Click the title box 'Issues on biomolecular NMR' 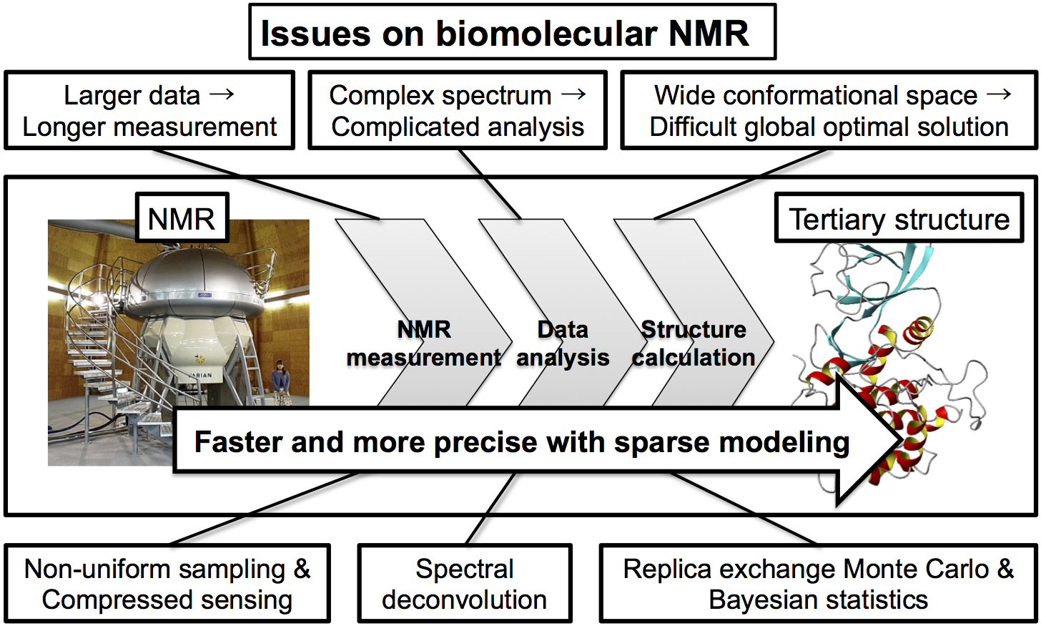512,31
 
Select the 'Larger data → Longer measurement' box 149,110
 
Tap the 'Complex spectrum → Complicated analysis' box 458,110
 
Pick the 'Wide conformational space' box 829,110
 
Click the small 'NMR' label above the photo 182,217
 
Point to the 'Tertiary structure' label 899,217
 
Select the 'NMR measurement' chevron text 423,343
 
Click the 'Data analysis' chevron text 563,343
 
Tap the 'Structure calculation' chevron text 694,343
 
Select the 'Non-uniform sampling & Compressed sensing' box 167,583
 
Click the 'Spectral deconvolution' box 465,583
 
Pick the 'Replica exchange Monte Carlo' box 819,583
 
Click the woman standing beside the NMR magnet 280,382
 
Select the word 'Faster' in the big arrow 238,442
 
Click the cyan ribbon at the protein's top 907,270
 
